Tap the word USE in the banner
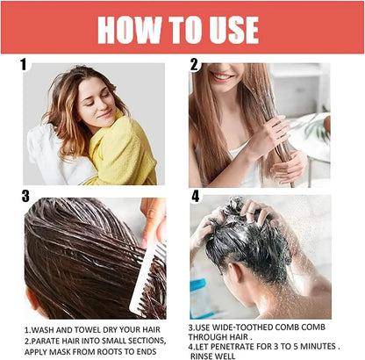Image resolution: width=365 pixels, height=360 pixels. pos(230,30)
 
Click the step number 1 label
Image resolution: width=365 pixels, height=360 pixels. pos(24,64)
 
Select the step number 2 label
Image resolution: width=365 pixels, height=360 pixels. pos(195,64)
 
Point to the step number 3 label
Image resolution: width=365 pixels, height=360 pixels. pos(25,196)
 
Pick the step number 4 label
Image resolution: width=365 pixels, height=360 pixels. pos(196,196)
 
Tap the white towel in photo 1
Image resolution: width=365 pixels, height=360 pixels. pos(55,156)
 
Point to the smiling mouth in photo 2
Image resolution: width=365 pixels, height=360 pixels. pos(221,77)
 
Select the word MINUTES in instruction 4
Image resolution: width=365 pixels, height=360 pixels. pos(318,347)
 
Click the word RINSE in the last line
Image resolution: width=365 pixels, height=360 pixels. pos(201,356)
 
